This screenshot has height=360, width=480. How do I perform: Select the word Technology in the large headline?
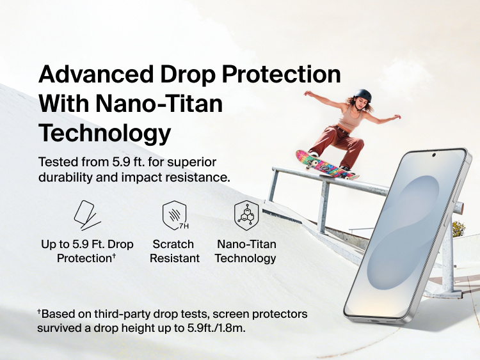(105, 133)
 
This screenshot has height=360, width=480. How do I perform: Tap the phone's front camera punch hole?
(434, 155)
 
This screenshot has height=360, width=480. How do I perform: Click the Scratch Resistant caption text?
(174, 251)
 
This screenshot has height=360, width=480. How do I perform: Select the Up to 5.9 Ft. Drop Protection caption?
(86, 251)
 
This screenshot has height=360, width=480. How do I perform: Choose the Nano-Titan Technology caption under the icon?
(246, 251)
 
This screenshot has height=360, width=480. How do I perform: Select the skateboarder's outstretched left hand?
(397, 116)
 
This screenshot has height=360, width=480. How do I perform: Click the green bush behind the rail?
(458, 228)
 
